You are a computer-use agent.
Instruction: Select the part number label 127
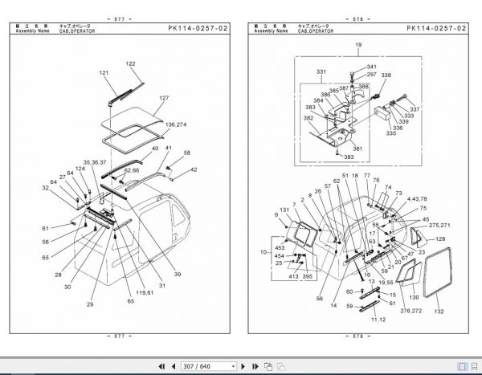(x=163, y=99)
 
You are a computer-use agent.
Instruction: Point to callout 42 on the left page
(x=194, y=169)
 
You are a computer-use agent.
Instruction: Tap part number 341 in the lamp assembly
(x=371, y=67)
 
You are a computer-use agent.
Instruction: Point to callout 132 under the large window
(x=438, y=311)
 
